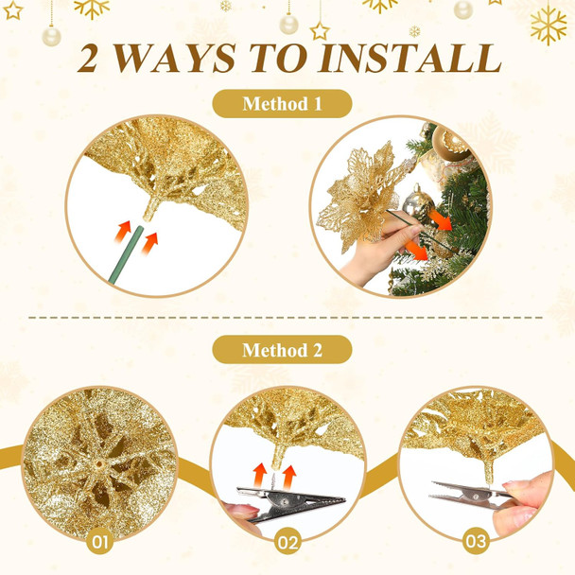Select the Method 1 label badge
point(282,103)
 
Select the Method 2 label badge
point(282,350)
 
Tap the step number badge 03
point(477,543)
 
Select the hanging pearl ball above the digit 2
point(50,36)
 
